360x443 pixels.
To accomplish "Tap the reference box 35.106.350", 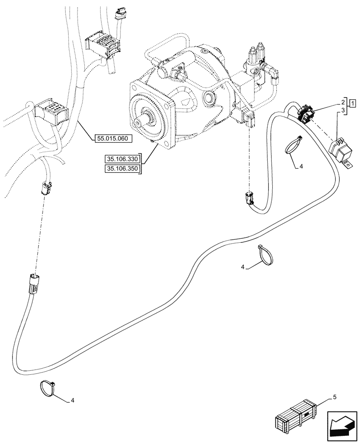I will [x=121, y=169].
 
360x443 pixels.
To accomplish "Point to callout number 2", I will [x=343, y=101].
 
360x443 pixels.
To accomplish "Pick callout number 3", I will [x=343, y=109].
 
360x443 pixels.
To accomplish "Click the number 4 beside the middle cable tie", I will [x=243, y=267].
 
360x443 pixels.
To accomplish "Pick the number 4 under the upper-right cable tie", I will [x=301, y=167].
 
